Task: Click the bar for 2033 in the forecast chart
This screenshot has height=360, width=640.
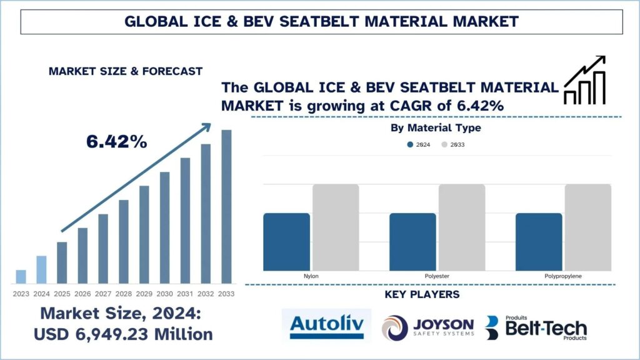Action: (x=226, y=206)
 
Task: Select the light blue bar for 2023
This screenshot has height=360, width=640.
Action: (x=21, y=276)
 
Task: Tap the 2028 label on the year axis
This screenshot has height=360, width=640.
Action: (x=124, y=294)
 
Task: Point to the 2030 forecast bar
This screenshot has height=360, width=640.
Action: (x=165, y=227)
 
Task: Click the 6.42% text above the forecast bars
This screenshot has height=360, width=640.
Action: (x=117, y=142)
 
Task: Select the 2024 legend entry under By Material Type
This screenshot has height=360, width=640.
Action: (x=418, y=144)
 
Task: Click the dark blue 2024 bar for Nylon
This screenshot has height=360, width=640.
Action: (x=286, y=241)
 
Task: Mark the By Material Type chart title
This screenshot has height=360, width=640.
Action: (x=435, y=128)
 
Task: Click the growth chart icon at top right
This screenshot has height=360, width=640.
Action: (x=585, y=80)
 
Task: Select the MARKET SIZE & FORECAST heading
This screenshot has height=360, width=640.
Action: (x=126, y=71)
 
